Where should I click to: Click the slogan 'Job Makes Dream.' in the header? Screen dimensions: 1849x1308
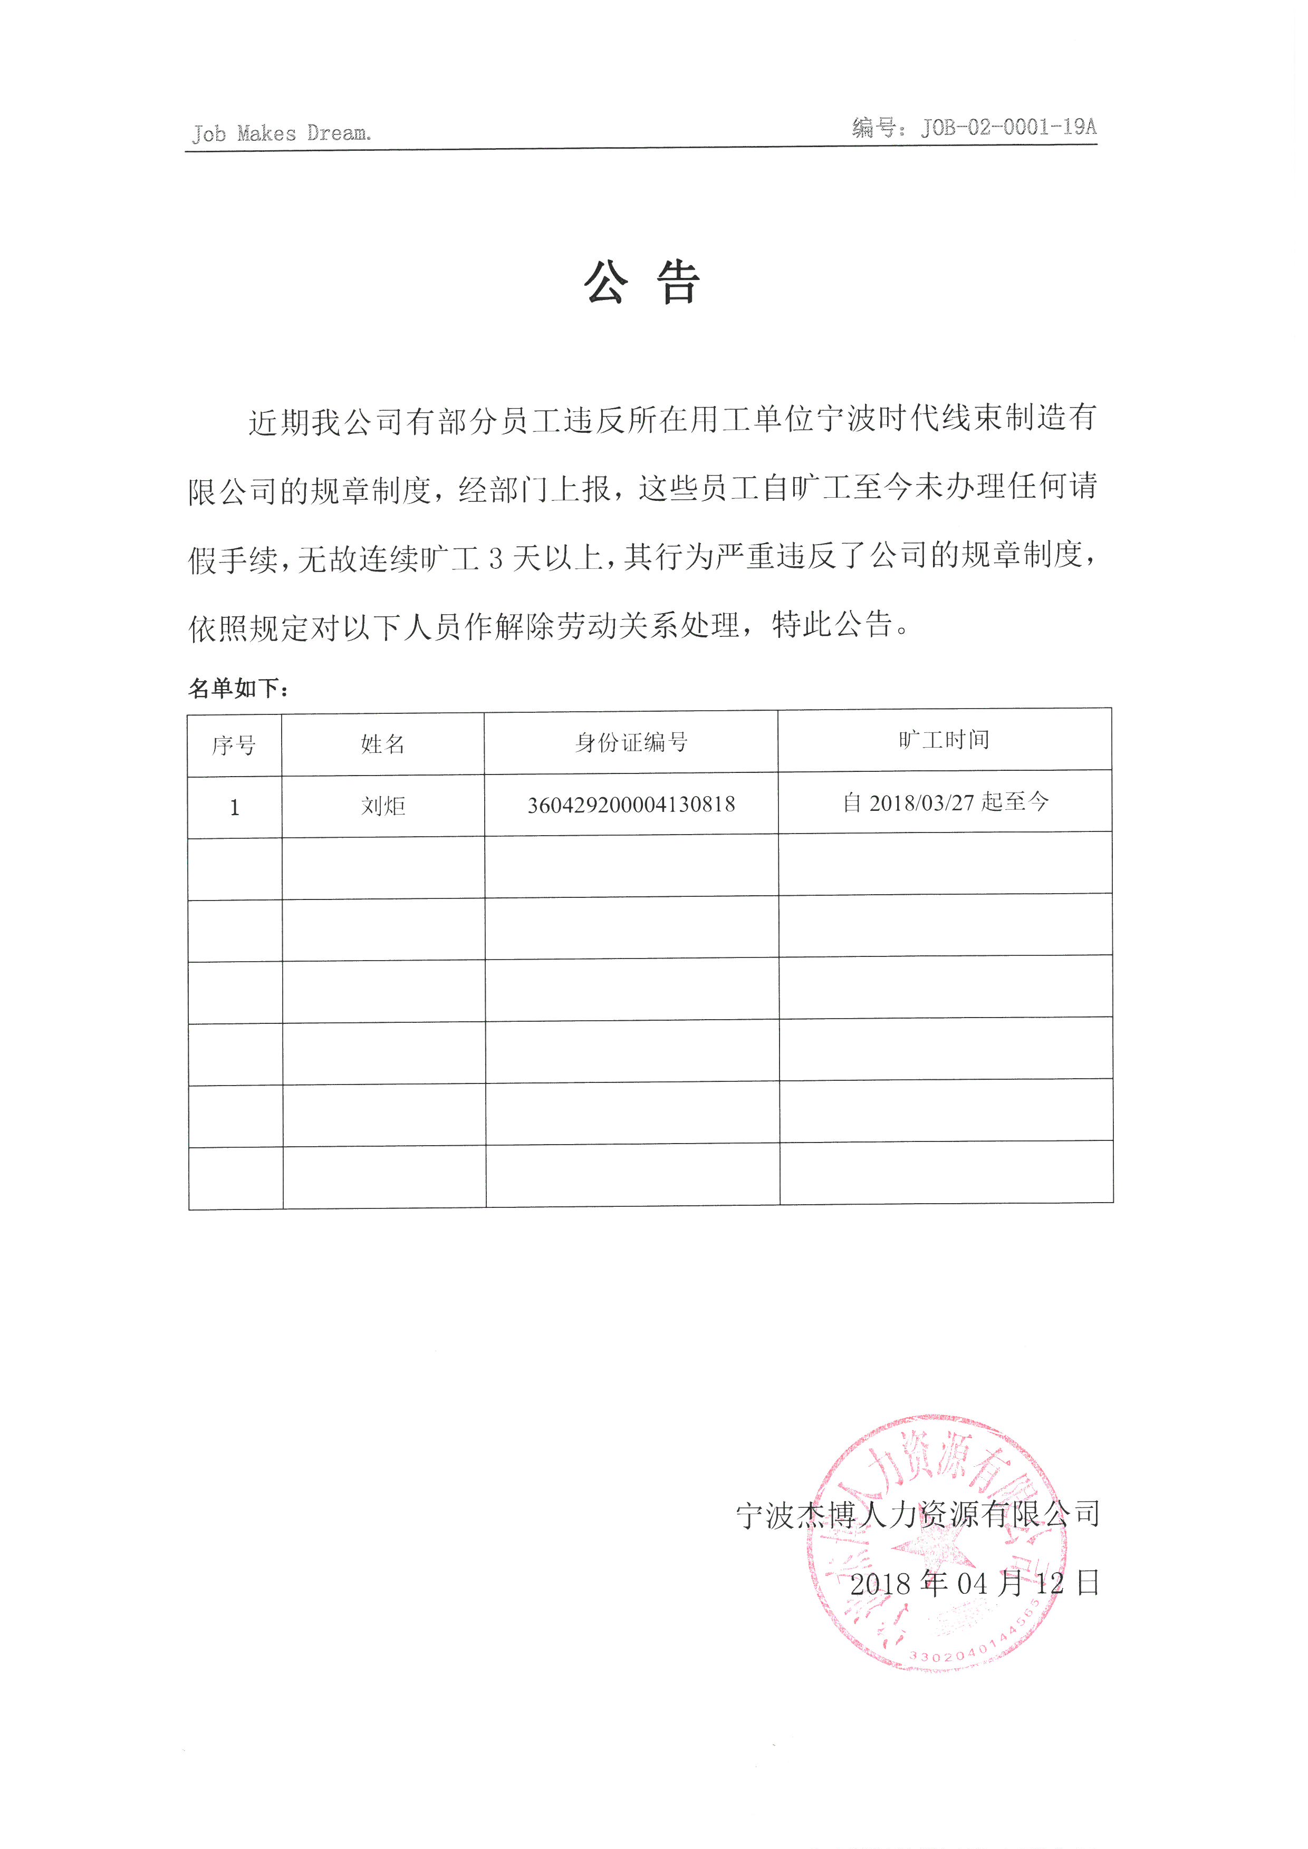tap(281, 133)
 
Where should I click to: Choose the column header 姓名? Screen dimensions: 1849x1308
tap(382, 743)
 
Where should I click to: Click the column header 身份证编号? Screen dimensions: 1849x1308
tap(631, 742)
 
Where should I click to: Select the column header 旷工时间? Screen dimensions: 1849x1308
tap(944, 739)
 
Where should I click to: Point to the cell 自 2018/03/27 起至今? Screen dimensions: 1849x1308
tap(945, 802)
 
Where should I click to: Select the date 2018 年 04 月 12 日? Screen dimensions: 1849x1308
tap(975, 1583)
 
